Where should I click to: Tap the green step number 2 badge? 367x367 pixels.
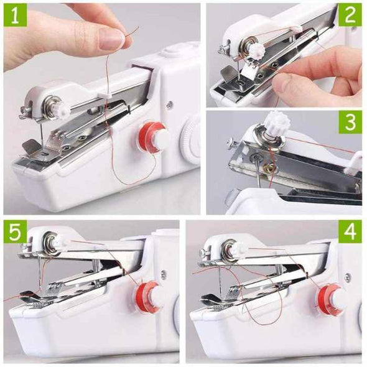(350, 14)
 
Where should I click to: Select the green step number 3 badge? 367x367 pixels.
(350, 122)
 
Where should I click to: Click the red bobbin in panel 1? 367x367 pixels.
(152, 137)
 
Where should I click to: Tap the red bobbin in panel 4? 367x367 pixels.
(330, 299)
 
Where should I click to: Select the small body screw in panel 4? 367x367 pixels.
(347, 277)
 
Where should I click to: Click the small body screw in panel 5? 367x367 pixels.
(164, 274)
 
